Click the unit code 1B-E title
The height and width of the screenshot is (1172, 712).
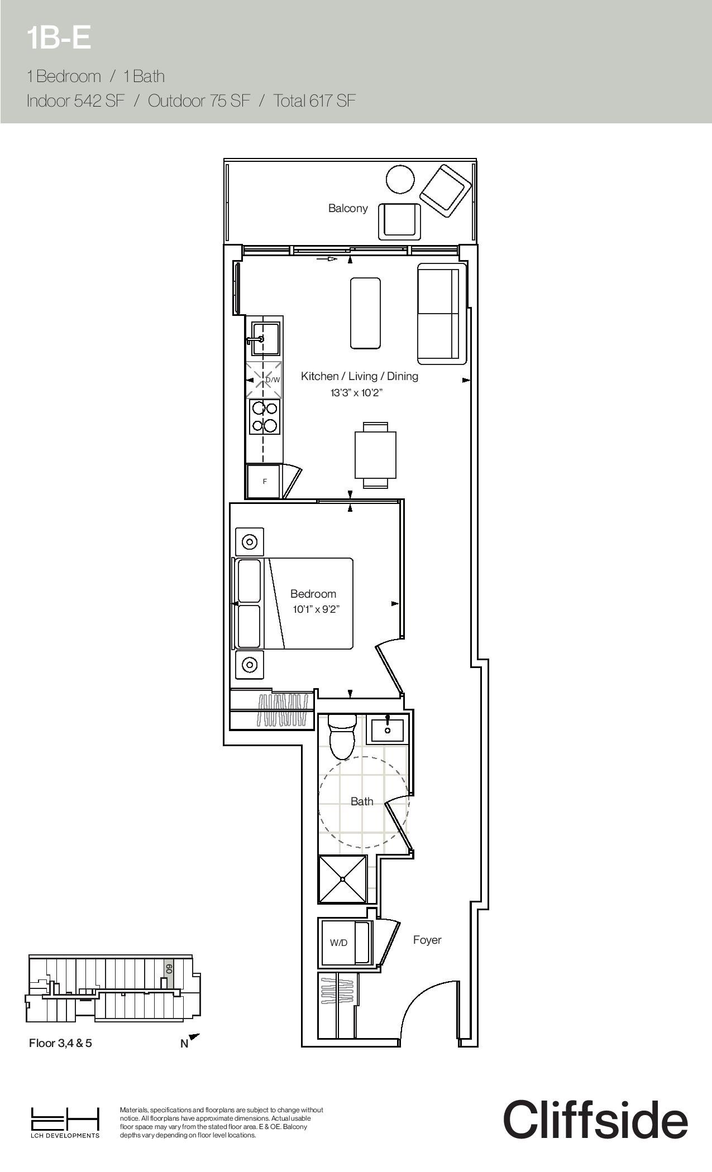[59, 39]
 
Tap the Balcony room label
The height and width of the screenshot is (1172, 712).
[348, 208]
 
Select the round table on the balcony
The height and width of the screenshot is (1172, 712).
[400, 179]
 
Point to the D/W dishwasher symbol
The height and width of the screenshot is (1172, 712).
[265, 380]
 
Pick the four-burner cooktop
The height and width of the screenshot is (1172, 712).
[265, 417]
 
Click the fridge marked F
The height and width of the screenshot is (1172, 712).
[264, 481]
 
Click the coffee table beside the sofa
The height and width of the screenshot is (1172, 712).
[365, 313]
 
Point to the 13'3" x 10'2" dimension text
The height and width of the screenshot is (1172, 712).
[356, 393]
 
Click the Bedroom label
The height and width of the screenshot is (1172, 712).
[313, 594]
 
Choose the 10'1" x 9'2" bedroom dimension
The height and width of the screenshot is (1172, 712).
[316, 609]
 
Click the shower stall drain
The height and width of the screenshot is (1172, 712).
[342, 879]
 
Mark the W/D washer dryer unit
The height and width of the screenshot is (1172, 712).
[344, 943]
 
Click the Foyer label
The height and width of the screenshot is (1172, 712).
[427, 940]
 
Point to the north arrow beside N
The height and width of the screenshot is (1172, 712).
[194, 1037]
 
